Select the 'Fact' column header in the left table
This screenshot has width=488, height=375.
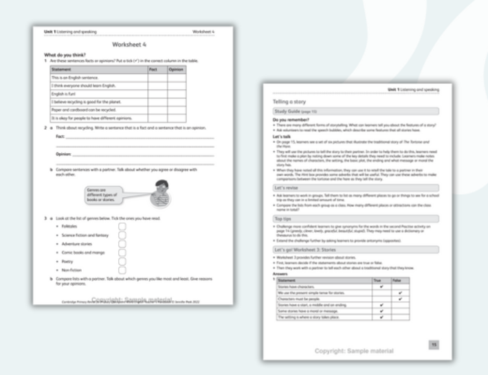click(154, 69)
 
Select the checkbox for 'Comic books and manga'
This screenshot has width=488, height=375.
click(122, 252)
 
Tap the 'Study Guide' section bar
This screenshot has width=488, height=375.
click(355, 111)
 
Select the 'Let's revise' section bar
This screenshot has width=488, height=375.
click(355, 187)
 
